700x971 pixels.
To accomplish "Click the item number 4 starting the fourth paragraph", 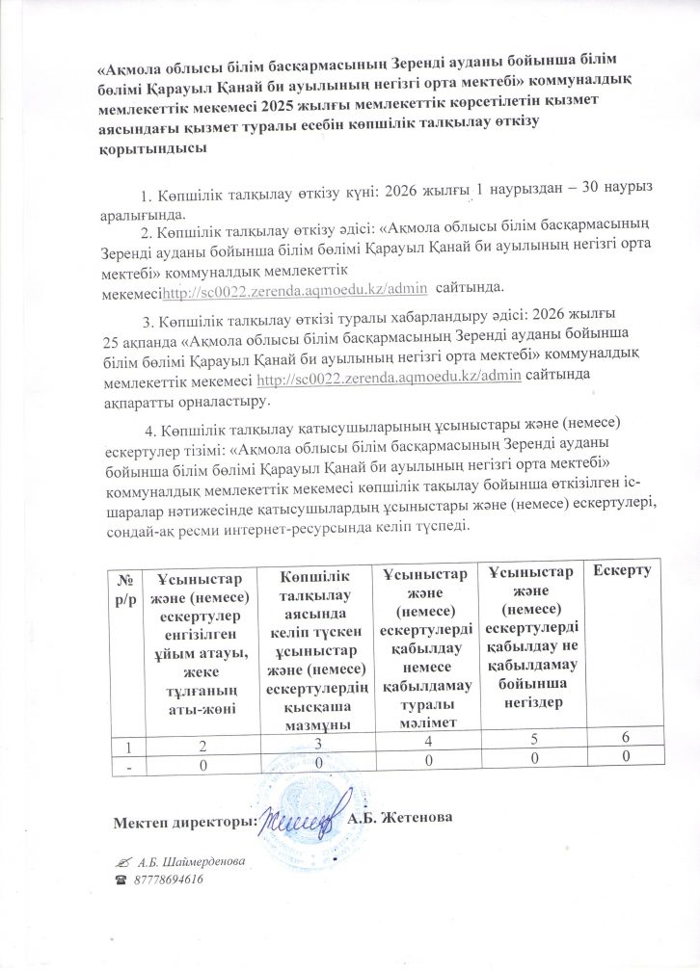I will pos(148,423).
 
